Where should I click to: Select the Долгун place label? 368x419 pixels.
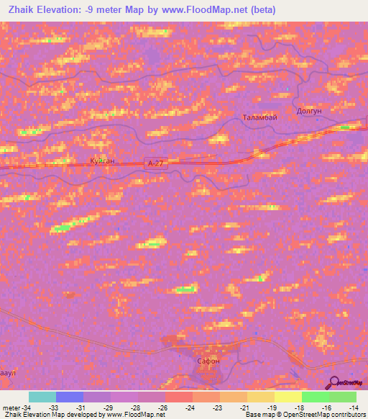pos(308,112)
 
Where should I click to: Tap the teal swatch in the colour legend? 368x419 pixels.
pos(42,397)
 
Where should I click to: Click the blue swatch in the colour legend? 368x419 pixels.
pos(70,397)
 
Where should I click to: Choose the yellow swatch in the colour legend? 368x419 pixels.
pos(287,397)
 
